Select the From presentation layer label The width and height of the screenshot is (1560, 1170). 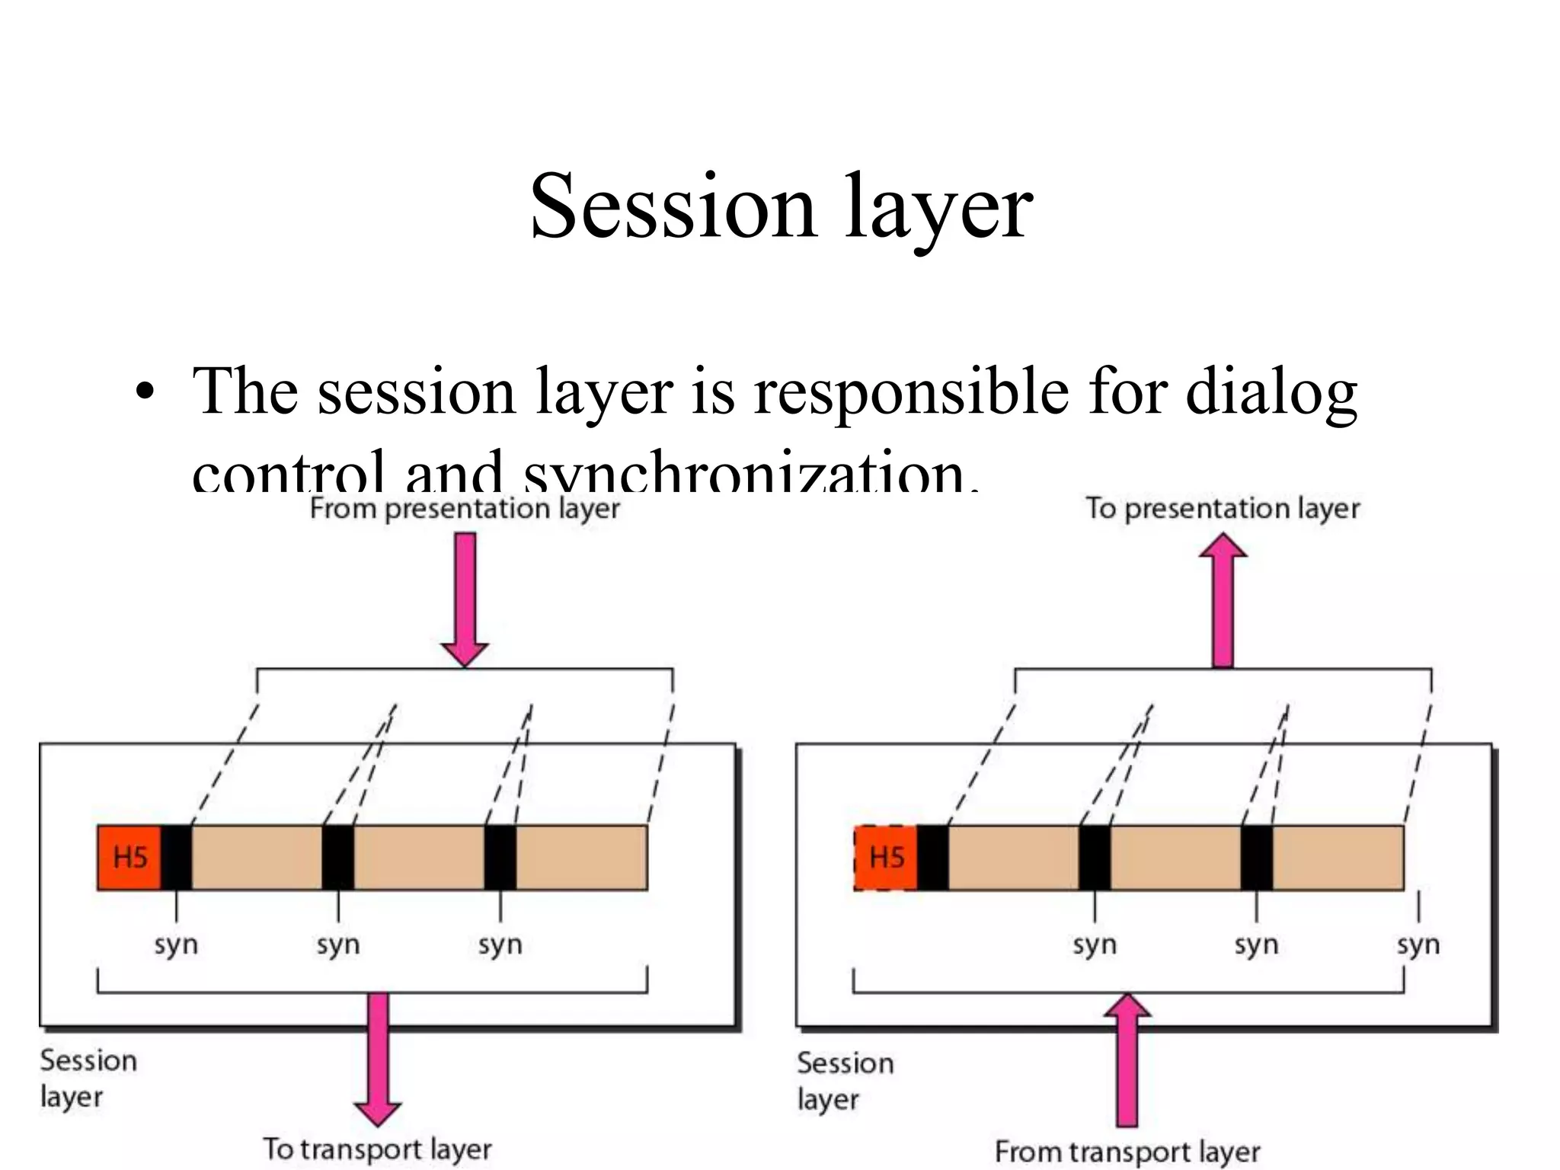[465, 509]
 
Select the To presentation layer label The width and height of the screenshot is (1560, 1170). [1223, 509]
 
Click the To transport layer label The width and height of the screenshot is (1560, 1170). [377, 1149]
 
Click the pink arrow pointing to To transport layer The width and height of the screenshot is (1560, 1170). [378, 1059]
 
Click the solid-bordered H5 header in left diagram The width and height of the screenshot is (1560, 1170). [129, 858]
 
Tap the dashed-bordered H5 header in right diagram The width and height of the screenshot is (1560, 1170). [886, 858]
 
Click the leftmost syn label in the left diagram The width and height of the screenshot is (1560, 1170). [176, 945]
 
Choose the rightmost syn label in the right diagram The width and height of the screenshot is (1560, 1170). [1418, 945]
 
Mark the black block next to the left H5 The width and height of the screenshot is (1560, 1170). [177, 858]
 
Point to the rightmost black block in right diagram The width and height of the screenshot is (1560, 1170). [1257, 858]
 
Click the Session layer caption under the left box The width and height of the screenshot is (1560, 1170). [88, 1078]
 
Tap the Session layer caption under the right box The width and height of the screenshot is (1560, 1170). [845, 1080]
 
